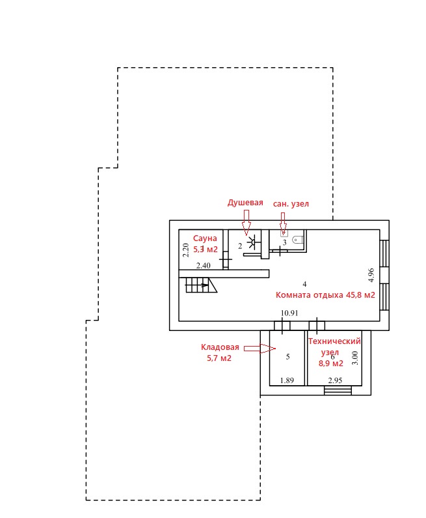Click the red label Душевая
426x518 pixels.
point(245,203)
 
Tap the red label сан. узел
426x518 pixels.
point(291,204)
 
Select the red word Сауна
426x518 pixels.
point(205,238)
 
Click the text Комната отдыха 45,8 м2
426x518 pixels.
point(325,295)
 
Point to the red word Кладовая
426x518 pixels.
point(220,347)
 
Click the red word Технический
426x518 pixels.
point(334,341)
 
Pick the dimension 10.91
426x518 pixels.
point(289,313)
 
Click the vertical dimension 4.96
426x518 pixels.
point(371,275)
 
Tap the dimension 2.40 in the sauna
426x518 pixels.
point(203,265)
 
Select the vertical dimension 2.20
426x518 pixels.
point(185,250)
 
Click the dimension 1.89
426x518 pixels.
point(287,381)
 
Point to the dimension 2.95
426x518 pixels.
point(335,381)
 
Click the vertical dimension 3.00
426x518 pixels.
point(354,358)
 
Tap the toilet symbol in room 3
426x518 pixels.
point(297,239)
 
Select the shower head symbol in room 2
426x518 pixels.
point(253,242)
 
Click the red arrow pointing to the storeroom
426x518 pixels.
point(260,348)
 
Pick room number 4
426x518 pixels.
point(304,284)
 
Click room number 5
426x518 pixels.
point(288,356)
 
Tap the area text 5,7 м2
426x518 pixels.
point(219,358)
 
